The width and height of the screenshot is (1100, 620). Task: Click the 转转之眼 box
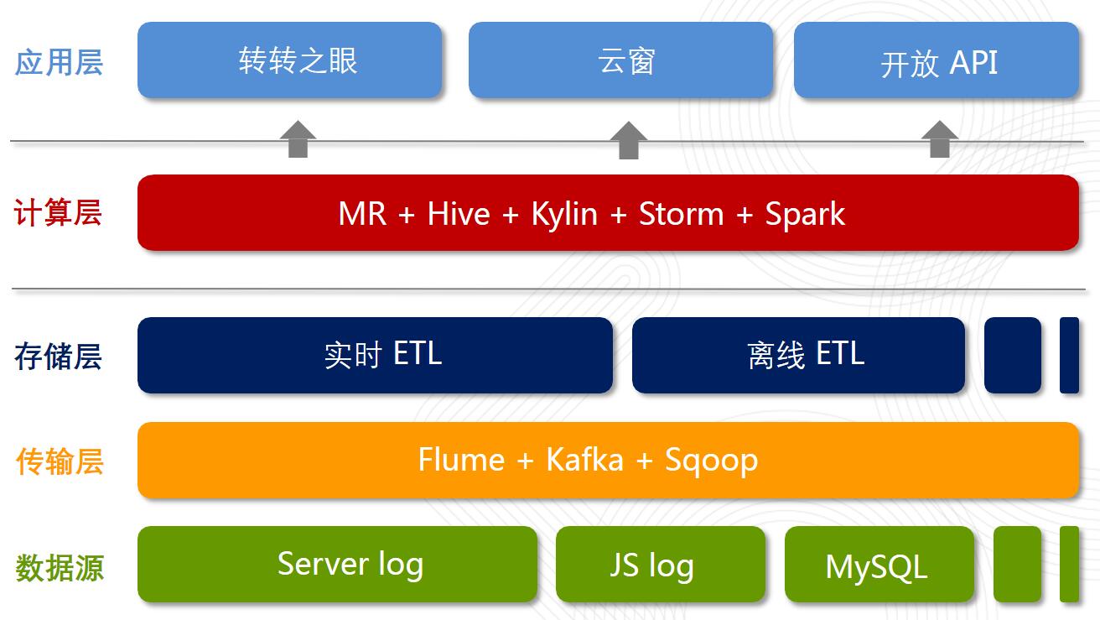(290, 60)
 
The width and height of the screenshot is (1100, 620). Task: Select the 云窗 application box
(620, 60)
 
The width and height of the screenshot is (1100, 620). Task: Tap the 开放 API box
(936, 60)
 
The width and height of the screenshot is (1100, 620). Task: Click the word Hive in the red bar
(459, 214)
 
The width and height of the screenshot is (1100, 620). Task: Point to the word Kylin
(564, 215)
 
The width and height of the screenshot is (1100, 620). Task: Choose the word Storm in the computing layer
(681, 214)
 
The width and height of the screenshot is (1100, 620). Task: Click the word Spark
(805, 215)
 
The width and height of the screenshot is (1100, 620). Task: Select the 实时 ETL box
(375, 355)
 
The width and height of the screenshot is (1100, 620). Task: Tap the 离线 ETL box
(798, 355)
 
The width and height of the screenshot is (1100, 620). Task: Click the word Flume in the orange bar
(461, 460)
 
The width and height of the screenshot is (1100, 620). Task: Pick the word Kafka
(584, 460)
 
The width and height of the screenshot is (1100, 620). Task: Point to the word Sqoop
(711, 461)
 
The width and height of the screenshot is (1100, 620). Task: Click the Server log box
(337, 564)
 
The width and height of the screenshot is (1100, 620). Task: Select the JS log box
(661, 564)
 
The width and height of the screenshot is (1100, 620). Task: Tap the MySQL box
(879, 564)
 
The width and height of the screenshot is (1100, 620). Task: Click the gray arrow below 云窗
(629, 140)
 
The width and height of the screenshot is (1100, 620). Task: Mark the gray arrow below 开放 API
(939, 139)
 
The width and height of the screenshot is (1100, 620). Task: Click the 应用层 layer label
(59, 62)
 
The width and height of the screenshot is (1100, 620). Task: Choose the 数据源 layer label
(60, 568)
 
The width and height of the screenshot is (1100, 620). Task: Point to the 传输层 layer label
(60, 461)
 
